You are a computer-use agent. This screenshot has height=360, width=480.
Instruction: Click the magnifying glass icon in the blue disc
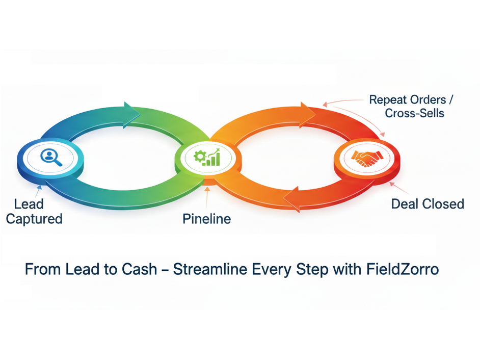[51, 158]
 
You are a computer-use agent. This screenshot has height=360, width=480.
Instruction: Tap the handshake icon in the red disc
[367, 158]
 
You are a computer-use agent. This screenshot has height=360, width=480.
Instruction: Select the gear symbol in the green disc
[200, 157]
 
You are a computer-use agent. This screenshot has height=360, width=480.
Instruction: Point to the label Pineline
[207, 219]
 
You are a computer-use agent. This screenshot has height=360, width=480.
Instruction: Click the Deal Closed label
[428, 204]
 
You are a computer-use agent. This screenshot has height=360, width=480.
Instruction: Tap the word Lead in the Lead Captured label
[29, 204]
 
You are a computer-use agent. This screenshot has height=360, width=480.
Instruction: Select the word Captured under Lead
[34, 219]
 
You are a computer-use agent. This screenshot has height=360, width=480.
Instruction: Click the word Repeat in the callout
[388, 100]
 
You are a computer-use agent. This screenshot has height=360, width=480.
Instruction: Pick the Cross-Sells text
[414, 113]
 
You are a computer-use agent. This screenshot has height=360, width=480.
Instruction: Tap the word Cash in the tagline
[140, 269]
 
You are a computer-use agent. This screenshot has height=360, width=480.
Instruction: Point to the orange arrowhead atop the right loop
[307, 115]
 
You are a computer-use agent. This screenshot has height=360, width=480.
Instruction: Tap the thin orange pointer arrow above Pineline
[207, 198]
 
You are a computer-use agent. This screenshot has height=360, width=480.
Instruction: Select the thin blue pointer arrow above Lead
[38, 191]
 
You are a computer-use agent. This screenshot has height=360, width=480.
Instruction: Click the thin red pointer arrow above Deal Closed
[399, 188]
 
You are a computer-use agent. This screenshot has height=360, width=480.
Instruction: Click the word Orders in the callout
[428, 100]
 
